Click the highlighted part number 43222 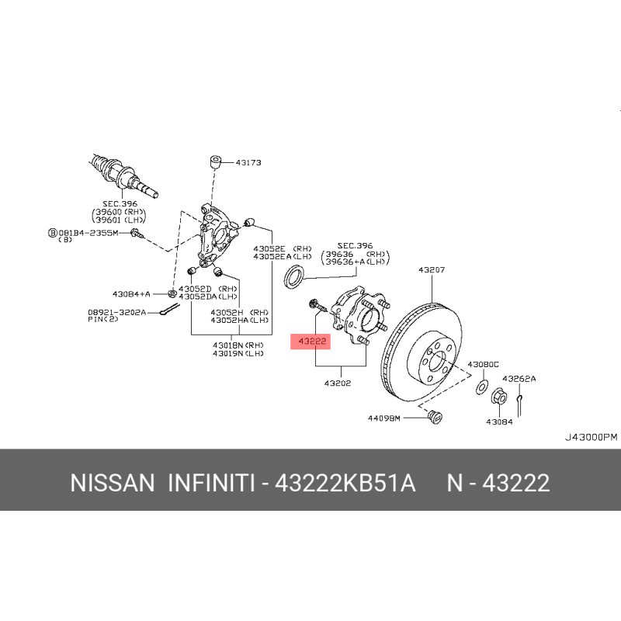(x=312, y=341)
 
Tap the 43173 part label (x=248, y=162)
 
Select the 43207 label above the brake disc (x=432, y=269)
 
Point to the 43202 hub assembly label (x=338, y=383)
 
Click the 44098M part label (x=384, y=418)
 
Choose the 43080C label (x=483, y=364)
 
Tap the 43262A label (x=519, y=379)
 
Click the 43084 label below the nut (x=499, y=422)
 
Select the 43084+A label (x=131, y=294)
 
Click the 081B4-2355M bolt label (x=88, y=233)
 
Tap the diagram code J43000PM (x=591, y=437)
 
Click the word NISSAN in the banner (x=113, y=483)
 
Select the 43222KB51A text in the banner (x=345, y=483)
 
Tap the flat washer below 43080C (x=481, y=387)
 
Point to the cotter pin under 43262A (x=519, y=405)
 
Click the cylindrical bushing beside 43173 (x=216, y=162)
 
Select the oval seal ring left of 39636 (x=294, y=276)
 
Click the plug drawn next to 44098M (x=435, y=417)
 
